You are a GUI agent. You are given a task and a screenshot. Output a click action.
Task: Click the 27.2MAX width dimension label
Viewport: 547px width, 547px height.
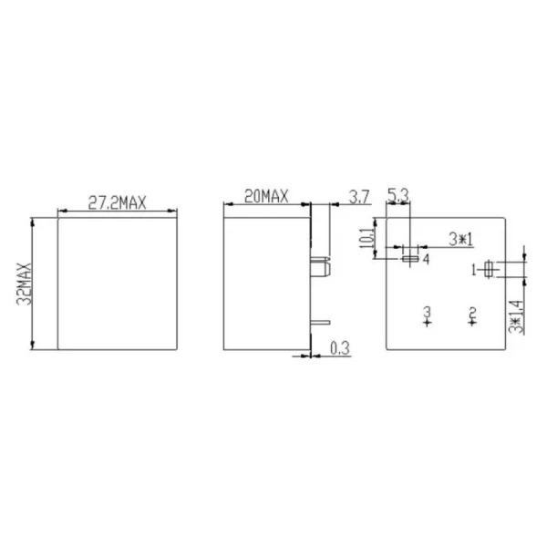[x=117, y=202]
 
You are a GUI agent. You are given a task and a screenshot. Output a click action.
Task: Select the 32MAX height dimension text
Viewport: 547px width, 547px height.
[x=24, y=284]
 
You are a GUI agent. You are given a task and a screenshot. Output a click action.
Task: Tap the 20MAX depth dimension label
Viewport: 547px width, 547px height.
[x=266, y=196]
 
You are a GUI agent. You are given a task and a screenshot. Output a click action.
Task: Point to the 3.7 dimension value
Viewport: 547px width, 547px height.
[x=359, y=197]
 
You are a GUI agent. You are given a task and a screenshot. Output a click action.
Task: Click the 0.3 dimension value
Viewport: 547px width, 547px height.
[x=340, y=348]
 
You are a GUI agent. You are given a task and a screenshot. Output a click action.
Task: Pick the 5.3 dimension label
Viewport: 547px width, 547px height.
[x=398, y=196]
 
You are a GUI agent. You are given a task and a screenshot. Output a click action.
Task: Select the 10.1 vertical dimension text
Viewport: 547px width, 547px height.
[x=366, y=238]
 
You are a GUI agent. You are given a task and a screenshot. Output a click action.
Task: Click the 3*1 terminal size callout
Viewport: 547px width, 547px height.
[x=460, y=240]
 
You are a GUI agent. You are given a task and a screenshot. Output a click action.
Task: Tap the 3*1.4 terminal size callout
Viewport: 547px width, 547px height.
[x=516, y=316]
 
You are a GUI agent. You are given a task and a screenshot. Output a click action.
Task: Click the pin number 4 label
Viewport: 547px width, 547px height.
[x=426, y=259]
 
